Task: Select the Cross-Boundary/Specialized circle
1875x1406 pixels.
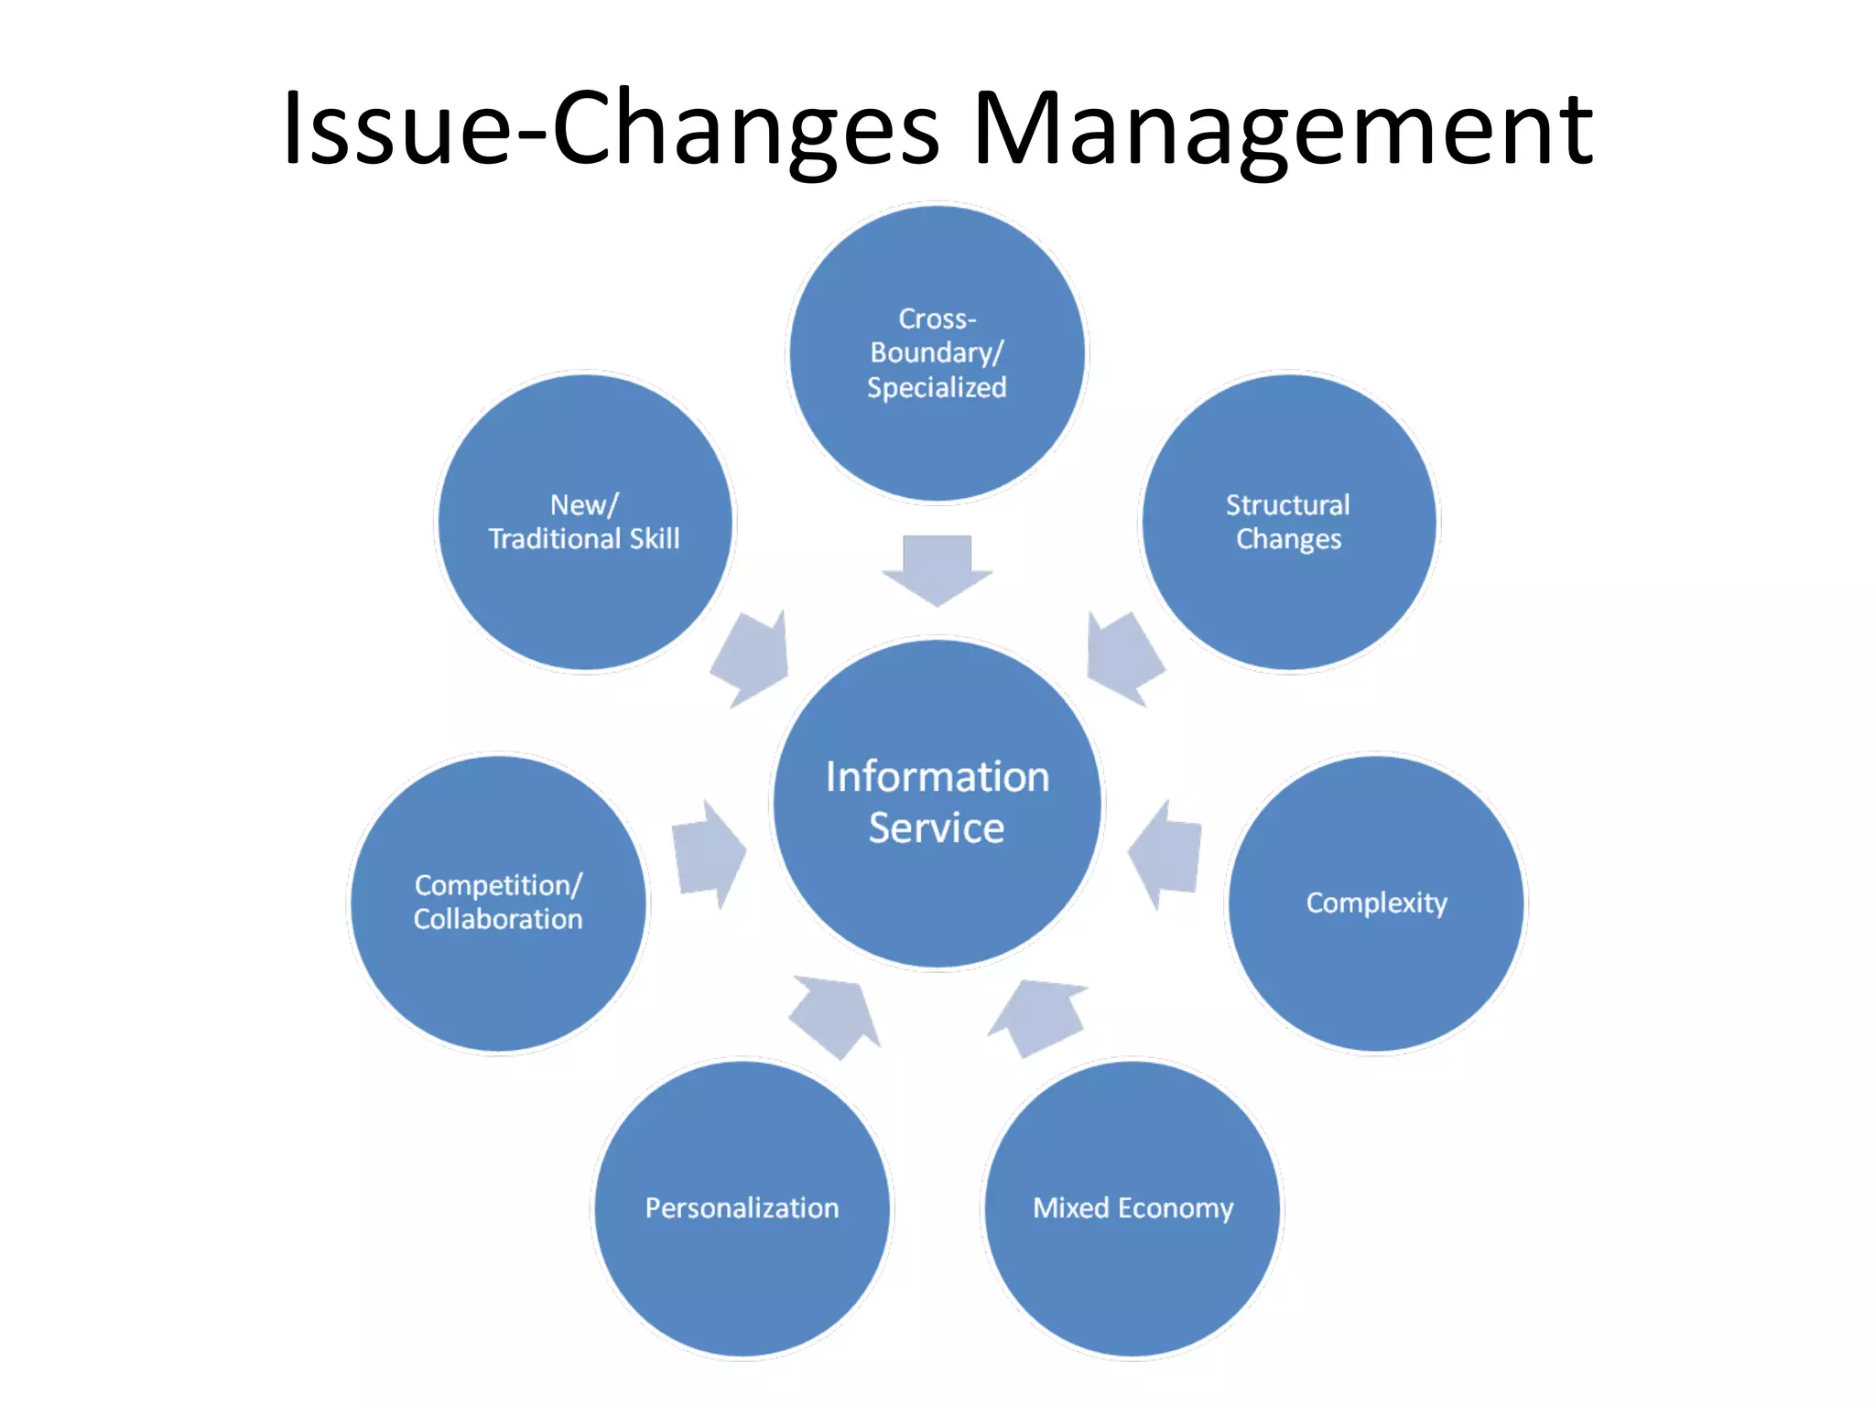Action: [937, 353]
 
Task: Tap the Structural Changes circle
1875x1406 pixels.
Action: [1288, 522]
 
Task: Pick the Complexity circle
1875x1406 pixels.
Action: [1376, 903]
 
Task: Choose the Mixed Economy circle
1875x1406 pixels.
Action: [1133, 1208]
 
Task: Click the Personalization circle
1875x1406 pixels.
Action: [742, 1208]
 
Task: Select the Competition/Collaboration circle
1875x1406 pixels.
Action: [498, 903]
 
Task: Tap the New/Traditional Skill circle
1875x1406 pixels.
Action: [585, 522]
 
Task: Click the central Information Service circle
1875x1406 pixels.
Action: [937, 803]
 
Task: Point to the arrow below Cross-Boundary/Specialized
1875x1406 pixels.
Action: [937, 568]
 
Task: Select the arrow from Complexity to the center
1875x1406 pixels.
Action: [1166, 853]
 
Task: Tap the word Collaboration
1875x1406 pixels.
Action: [498, 919]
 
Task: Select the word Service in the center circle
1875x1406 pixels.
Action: [937, 827]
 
